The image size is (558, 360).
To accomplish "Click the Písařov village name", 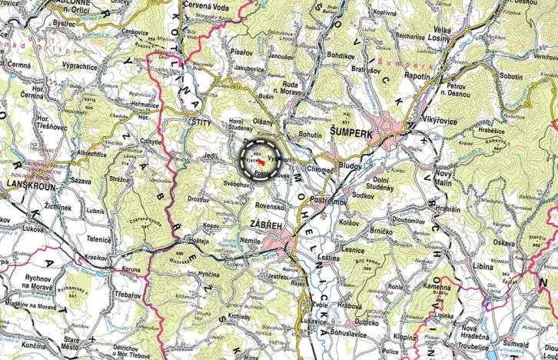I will tap(240, 52).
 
